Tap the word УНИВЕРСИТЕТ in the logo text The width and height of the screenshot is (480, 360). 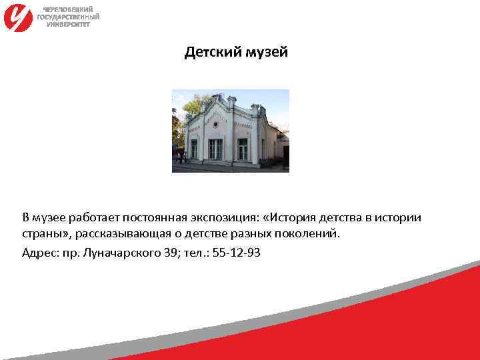[x=69, y=23]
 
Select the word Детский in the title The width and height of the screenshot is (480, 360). [x=208, y=51]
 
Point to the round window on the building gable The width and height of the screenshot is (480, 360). [x=215, y=124]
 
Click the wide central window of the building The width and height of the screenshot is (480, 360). [x=215, y=149]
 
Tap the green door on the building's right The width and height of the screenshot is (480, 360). [x=243, y=149]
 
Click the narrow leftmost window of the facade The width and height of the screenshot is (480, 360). [x=194, y=149]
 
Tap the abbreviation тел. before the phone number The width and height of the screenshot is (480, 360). [x=195, y=253]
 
